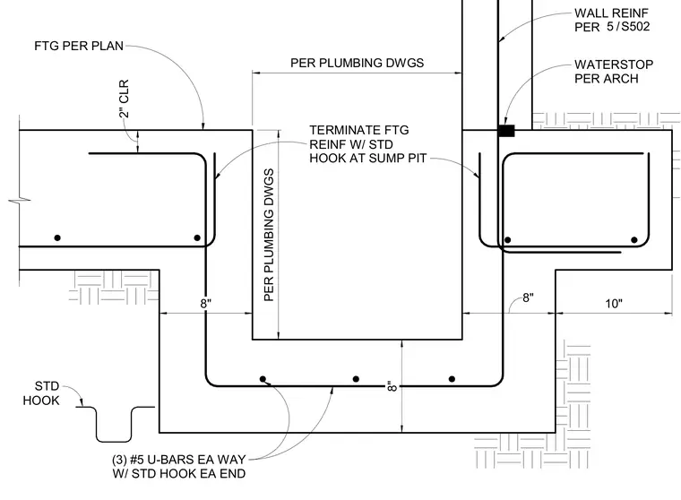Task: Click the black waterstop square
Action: (506, 131)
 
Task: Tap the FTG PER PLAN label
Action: (79, 46)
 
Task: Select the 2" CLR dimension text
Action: (124, 99)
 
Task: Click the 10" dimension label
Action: (614, 304)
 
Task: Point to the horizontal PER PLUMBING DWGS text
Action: (357, 63)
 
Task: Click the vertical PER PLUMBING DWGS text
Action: (270, 235)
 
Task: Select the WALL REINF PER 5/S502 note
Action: (612, 20)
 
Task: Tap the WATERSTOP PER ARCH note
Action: (614, 72)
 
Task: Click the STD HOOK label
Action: (41, 393)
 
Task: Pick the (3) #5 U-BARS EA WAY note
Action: (179, 467)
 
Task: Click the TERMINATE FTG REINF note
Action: (368, 144)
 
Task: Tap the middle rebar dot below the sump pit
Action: (356, 379)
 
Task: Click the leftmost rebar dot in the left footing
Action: (57, 237)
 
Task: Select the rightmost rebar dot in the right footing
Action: (634, 240)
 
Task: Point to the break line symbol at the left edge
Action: (20, 200)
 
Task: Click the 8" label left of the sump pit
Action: (205, 304)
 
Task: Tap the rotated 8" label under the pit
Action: (392, 386)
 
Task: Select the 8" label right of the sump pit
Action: (528, 297)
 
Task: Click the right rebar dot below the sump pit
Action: (453, 379)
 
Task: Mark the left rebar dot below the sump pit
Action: (263, 379)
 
